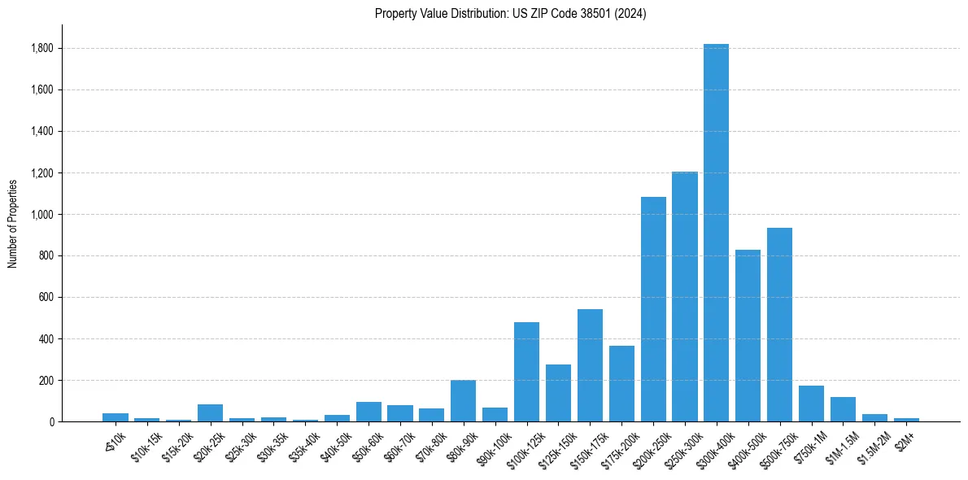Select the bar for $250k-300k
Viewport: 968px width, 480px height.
pyautogui.click(x=684, y=297)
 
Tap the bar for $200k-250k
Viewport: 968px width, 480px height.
pyautogui.click(x=653, y=309)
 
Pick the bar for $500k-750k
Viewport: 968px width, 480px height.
pyautogui.click(x=779, y=325)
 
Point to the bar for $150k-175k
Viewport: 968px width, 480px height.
pyautogui.click(x=590, y=365)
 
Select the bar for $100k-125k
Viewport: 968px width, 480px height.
pyautogui.click(x=526, y=372)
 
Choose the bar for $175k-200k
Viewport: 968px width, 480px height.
pyautogui.click(x=621, y=383)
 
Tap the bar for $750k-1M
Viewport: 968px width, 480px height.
pyautogui.click(x=811, y=404)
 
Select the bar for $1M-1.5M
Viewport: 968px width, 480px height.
pyautogui.click(x=843, y=409)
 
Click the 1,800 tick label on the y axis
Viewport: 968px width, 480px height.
pyautogui.click(x=41, y=49)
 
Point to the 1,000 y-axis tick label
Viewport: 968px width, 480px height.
pyautogui.click(x=41, y=215)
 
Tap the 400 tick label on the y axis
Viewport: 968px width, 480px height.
pyautogui.click(x=46, y=339)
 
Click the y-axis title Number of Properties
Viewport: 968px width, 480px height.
pyautogui.click(x=13, y=224)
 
